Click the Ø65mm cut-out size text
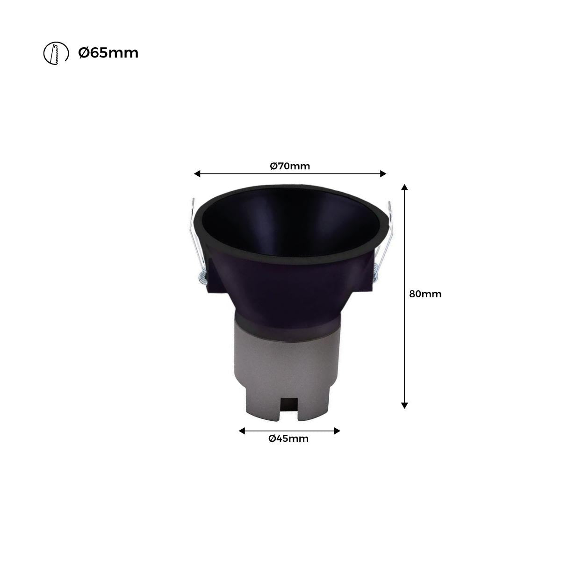click(108, 53)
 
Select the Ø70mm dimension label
click(290, 165)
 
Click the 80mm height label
click(425, 294)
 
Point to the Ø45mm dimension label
click(288, 439)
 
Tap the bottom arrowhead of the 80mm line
click(405, 405)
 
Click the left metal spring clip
click(194, 234)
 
